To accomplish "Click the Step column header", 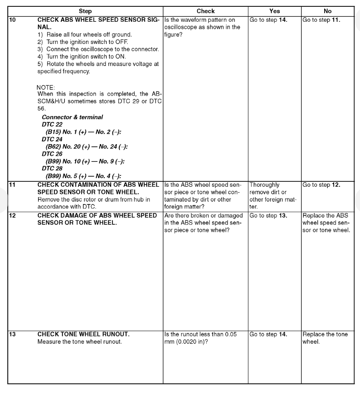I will point(85,11).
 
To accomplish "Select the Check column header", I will point(205,11).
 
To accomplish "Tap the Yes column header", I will point(274,11).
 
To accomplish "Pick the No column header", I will point(327,11).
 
